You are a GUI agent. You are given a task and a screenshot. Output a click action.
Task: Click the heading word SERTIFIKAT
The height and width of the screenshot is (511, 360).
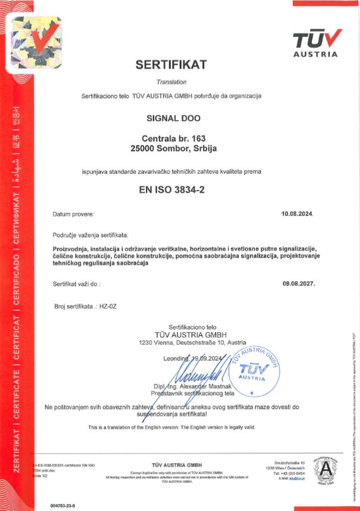[x=171, y=65]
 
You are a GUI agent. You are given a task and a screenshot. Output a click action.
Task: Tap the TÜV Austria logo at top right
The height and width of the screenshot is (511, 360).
[x=316, y=42]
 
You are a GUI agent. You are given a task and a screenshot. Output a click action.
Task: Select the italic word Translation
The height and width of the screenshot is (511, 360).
[x=171, y=82]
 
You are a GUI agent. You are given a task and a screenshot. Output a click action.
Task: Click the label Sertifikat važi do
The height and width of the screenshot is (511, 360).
[x=77, y=283]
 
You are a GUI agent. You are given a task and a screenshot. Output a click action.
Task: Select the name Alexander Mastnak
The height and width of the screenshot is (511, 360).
[x=206, y=387]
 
